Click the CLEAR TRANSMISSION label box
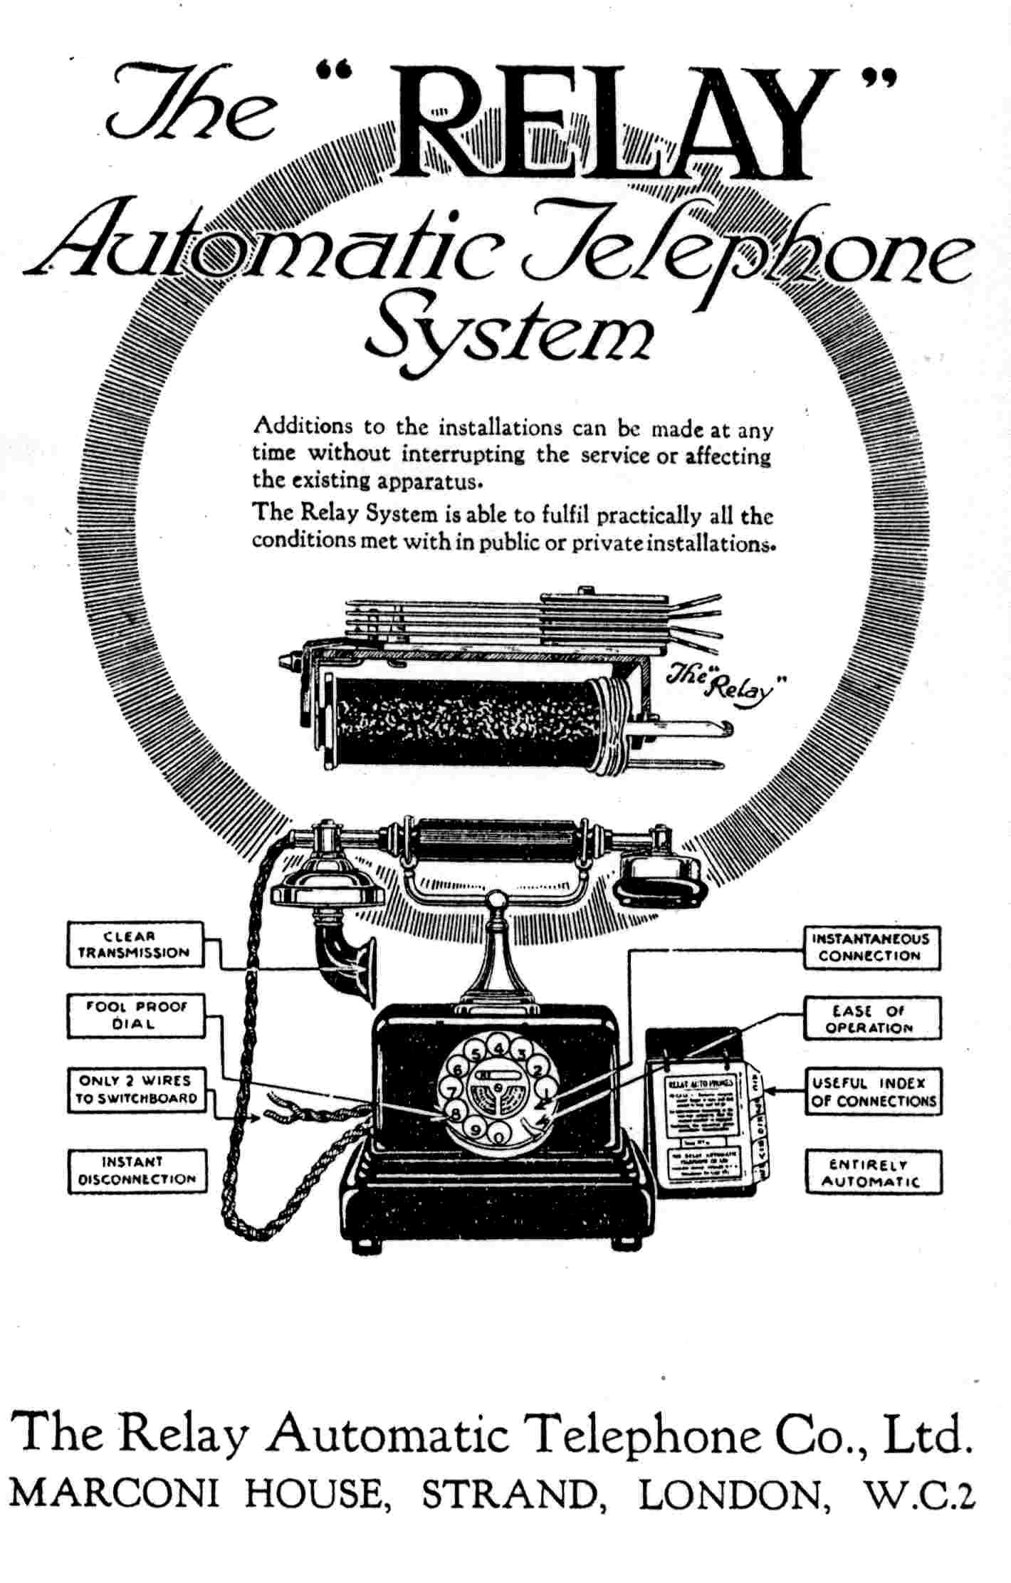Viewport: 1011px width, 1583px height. pyautogui.click(x=135, y=944)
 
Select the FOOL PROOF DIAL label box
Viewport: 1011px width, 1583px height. pyautogui.click(x=135, y=1015)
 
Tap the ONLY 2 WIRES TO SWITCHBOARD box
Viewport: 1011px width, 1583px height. pyautogui.click(x=136, y=1090)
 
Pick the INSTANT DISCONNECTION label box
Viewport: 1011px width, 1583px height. pyautogui.click(x=137, y=1170)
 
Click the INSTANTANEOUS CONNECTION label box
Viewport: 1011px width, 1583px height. pyautogui.click(x=871, y=947)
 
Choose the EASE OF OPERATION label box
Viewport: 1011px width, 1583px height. pyautogui.click(x=871, y=1019)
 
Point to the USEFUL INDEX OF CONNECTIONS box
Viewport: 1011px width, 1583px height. pyautogui.click(x=872, y=1092)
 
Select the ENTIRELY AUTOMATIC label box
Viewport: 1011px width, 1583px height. pyautogui.click(x=872, y=1173)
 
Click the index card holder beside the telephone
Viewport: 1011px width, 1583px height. pyautogui.click(x=705, y=1111)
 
